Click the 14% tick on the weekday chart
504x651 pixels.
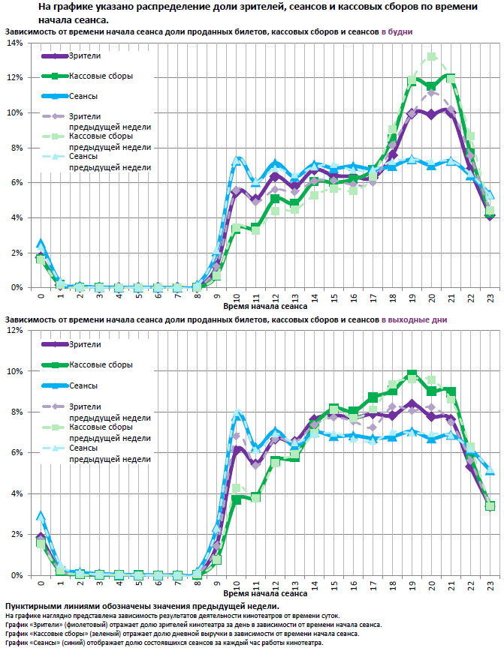point(15,43)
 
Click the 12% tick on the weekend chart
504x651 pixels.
point(15,331)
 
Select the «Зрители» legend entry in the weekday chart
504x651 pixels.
point(84,56)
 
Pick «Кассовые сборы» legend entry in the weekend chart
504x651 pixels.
point(101,364)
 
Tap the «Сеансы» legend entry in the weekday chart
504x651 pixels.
point(83,97)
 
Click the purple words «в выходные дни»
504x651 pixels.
point(415,319)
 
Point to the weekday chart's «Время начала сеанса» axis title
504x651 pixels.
point(264,306)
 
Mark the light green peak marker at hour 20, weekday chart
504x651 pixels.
point(432,56)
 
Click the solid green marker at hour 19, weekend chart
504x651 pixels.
point(412,373)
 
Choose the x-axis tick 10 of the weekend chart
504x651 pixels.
point(236,583)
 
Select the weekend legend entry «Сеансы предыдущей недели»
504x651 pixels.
point(110,453)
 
